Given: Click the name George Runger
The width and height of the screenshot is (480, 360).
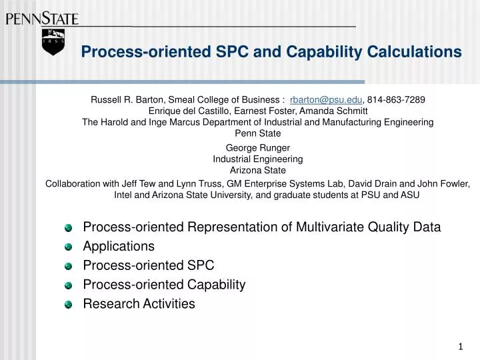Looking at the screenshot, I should pos(258,148).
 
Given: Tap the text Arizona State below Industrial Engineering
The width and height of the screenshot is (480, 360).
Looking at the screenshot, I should pos(258,170).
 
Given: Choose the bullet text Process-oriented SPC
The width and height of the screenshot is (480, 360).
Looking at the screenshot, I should pos(148,265).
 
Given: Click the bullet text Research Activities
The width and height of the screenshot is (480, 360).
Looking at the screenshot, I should pos(139,304).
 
